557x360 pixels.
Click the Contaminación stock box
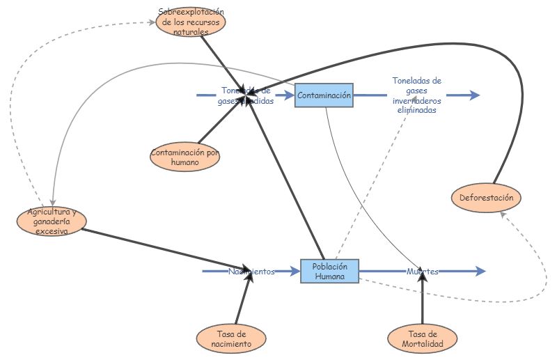[x=324, y=95]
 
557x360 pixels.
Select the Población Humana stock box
[x=329, y=271]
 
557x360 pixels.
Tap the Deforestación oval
[x=486, y=198]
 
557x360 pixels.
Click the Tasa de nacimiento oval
[x=233, y=338]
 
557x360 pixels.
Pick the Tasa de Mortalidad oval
[x=423, y=338]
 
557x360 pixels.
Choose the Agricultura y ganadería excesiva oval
[x=52, y=221]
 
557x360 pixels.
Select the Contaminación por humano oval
[x=185, y=157]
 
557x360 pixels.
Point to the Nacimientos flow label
[x=251, y=272]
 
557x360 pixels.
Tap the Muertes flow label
[x=423, y=272]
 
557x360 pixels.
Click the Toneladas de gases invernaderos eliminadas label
[x=416, y=95]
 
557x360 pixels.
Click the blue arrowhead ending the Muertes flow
[x=479, y=272]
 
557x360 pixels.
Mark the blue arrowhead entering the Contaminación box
[x=290, y=95]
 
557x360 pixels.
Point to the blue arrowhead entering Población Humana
[x=295, y=272]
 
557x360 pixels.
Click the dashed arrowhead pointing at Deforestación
[x=503, y=217]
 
